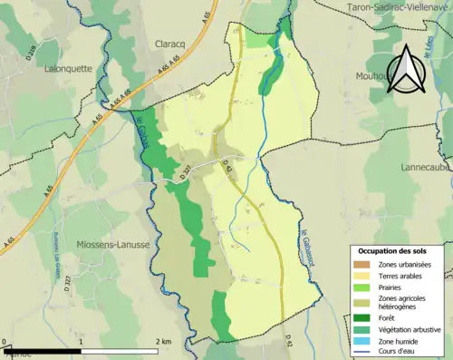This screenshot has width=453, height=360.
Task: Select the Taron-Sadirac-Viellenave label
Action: click(x=400, y=6)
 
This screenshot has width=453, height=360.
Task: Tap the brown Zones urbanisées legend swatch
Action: click(x=361, y=264)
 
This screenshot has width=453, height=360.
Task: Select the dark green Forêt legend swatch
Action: click(x=361, y=317)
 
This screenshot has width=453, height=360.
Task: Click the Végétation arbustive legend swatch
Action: click(x=361, y=329)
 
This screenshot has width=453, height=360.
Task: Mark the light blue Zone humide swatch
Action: click(x=361, y=341)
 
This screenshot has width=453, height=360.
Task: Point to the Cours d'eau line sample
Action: click(x=361, y=353)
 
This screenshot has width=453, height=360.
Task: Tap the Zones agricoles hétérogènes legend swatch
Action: click(x=361, y=303)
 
